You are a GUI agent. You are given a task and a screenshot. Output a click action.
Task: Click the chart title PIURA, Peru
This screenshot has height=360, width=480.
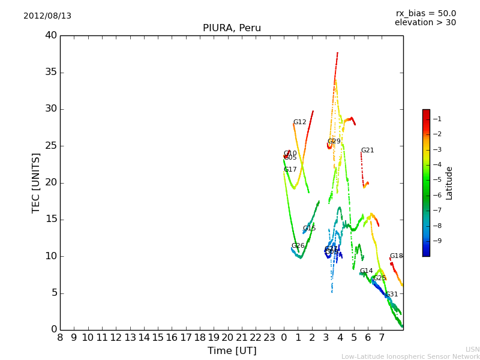tap(232, 28)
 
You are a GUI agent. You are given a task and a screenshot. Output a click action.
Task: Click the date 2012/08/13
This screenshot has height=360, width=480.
tap(47, 16)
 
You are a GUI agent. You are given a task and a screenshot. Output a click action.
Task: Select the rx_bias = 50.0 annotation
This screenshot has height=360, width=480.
tap(425, 13)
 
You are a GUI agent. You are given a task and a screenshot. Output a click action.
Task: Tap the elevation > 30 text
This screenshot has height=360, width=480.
tap(425, 23)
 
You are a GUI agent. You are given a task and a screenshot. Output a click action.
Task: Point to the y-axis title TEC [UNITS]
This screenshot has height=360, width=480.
tap(36, 182)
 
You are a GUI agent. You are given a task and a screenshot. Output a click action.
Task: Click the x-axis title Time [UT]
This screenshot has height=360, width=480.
tap(232, 351)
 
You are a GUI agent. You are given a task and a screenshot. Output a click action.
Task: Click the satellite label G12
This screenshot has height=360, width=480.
tap(299, 122)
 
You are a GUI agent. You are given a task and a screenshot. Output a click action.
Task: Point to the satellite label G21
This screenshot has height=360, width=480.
tap(367, 151)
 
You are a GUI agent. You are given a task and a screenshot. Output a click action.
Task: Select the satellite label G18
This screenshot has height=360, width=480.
tap(396, 256)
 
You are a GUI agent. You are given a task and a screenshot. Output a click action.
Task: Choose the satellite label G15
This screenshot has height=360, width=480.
tap(309, 229)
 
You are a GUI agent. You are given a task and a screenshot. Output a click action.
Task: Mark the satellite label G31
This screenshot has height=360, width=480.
tap(391, 295)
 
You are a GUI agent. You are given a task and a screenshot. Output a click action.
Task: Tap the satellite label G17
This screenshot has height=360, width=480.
tap(290, 170)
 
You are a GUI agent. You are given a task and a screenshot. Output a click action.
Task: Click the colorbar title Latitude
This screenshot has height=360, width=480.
tap(449, 183)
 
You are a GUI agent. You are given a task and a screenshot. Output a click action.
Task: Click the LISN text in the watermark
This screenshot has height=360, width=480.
tap(472, 349)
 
